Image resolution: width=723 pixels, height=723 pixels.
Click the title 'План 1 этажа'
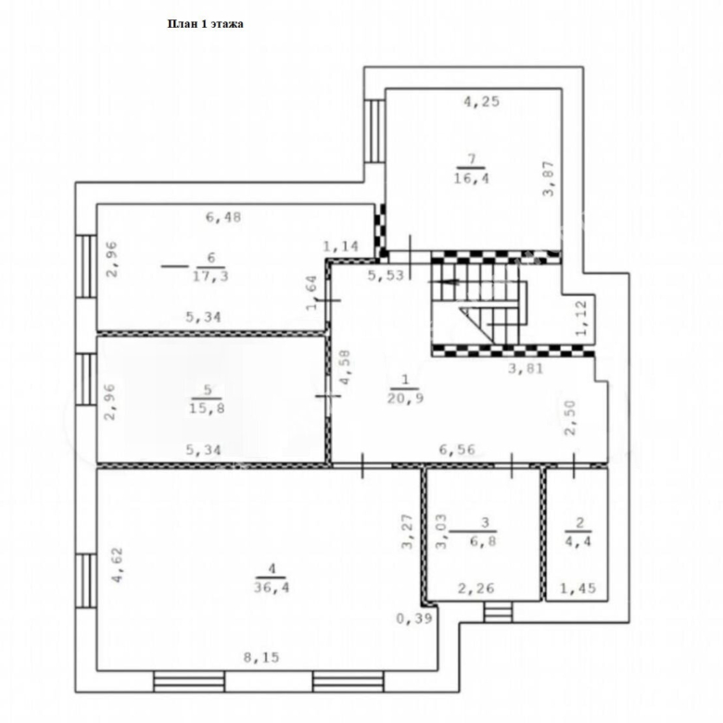[205, 24]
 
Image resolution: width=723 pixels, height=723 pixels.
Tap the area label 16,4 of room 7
[471, 178]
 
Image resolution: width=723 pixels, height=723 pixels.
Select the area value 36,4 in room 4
[272, 588]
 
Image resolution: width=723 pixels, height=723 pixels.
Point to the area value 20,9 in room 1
[405, 398]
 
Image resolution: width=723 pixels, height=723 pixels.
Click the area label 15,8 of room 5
[207, 408]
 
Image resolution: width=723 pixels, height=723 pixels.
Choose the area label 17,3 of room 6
[210, 276]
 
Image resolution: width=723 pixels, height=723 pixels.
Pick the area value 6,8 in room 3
[483, 540]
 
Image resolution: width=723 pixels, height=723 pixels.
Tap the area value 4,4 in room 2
[578, 540]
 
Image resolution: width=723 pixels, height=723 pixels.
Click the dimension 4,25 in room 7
[481, 101]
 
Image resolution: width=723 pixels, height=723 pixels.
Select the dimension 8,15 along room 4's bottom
[261, 657]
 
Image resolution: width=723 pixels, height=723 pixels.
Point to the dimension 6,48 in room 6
[223, 217]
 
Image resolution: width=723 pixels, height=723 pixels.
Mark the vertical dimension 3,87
[549, 179]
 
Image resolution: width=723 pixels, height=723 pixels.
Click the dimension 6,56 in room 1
[457, 450]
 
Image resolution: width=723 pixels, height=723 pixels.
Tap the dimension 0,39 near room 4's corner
[414, 618]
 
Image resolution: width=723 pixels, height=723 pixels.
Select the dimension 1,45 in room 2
[578, 589]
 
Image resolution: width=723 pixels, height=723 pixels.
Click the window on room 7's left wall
[374, 131]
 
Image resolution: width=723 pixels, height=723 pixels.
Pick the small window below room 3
[498, 612]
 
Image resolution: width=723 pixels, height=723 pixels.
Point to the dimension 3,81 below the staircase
[526, 368]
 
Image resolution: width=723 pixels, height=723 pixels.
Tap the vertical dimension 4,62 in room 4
[118, 564]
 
